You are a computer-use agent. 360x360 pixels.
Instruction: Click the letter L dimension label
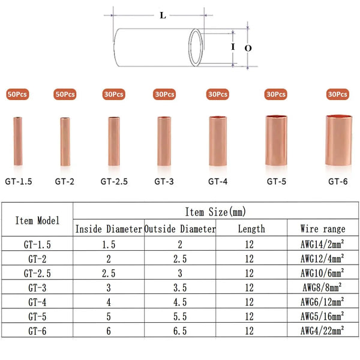[163, 16]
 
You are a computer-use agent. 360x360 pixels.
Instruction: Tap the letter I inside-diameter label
[233, 47]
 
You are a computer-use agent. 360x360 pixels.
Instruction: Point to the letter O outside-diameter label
[248, 48]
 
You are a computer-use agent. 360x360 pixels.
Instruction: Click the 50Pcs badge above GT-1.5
[17, 94]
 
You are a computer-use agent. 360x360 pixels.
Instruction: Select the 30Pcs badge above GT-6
[337, 94]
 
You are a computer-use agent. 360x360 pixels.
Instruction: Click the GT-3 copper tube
[164, 141]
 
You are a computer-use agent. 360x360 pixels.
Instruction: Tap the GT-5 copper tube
[276, 140]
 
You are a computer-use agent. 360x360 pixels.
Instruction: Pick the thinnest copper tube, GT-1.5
[18, 141]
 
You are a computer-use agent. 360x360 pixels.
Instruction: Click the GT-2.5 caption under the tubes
[114, 182]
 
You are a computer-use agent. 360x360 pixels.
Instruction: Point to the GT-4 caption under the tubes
[218, 182]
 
